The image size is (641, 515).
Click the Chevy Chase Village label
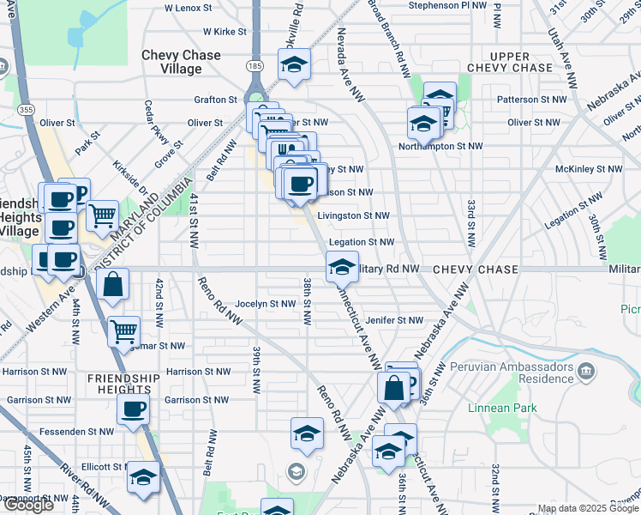[x=181, y=62]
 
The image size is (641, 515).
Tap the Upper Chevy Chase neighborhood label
[x=510, y=61]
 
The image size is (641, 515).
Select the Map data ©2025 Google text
[x=587, y=508]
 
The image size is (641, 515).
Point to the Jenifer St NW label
[x=394, y=320]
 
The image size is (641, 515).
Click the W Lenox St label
[x=194, y=8]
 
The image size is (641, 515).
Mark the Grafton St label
[x=215, y=100]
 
